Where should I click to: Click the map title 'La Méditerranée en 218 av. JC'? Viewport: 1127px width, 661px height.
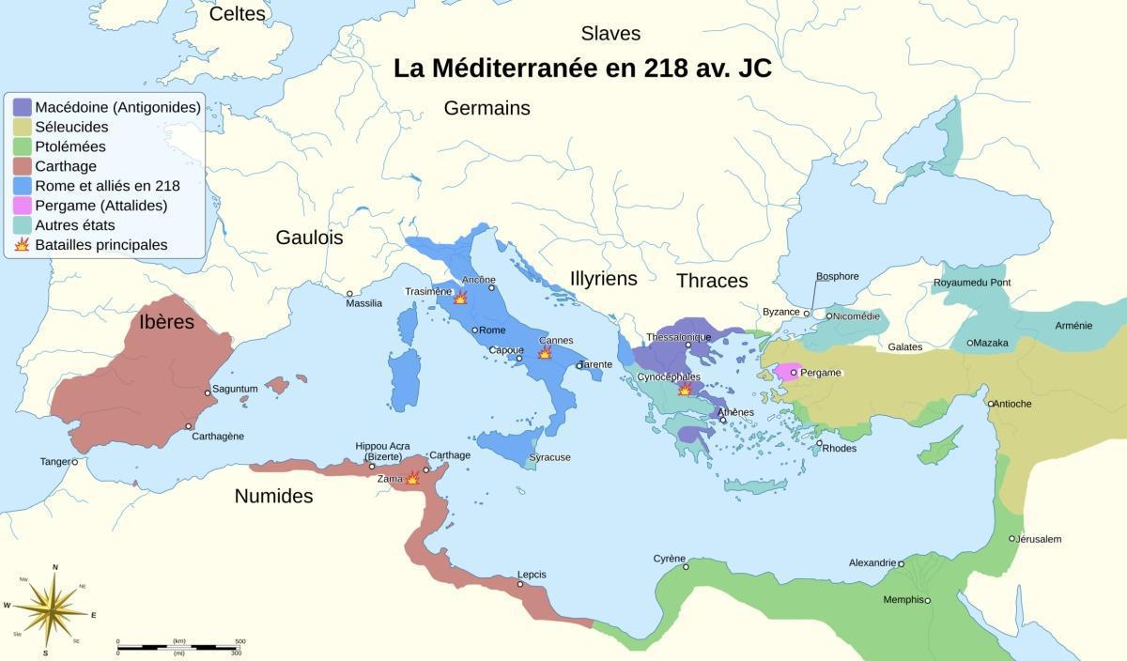pos(582,69)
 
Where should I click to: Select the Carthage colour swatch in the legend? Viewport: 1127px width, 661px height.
pos(22,166)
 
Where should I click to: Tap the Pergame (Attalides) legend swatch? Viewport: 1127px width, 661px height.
pos(22,206)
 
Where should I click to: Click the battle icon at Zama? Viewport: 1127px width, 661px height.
pos(411,478)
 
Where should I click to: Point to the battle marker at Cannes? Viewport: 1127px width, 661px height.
pos(545,353)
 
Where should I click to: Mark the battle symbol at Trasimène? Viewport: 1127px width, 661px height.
pos(460,298)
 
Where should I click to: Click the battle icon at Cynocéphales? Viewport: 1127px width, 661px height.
pos(685,389)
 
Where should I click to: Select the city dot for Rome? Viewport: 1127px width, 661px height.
pos(475,330)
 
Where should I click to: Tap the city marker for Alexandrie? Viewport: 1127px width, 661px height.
pos(901,564)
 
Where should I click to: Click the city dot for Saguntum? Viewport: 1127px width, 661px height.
pos(208,392)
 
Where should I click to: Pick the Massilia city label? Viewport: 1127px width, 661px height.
pos(364,303)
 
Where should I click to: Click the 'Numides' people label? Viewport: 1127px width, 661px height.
pos(273,496)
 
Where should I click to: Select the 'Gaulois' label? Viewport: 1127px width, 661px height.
pos(309,238)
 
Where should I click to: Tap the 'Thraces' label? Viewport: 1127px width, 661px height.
pos(712,281)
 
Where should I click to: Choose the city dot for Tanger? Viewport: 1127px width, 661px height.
pos(74,462)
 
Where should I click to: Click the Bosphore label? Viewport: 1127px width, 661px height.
pos(837,276)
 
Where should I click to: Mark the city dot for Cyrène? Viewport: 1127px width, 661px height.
pos(686,566)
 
